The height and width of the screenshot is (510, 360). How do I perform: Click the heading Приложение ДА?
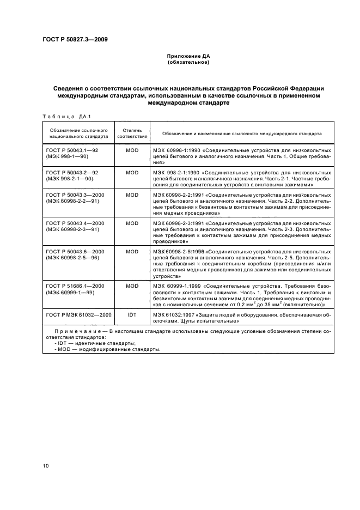click(188, 56)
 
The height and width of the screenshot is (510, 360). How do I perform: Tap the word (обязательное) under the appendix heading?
click(188, 62)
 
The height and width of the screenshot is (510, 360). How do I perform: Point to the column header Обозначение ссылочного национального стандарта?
click(78, 133)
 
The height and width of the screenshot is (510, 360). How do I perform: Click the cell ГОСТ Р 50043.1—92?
click(72, 149)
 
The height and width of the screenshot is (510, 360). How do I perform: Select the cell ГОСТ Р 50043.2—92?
click(72, 172)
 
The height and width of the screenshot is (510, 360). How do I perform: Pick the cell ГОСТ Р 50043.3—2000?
click(75, 195)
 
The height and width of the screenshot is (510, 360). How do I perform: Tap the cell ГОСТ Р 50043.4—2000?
click(75, 223)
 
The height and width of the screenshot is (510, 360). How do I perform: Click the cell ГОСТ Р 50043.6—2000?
click(75, 252)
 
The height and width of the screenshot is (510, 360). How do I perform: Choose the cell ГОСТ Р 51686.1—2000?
click(75, 286)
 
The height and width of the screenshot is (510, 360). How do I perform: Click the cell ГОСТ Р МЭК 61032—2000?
click(78, 315)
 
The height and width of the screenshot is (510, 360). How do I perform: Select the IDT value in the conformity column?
click(132, 315)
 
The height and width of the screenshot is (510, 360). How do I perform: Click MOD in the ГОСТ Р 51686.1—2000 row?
click(132, 286)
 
